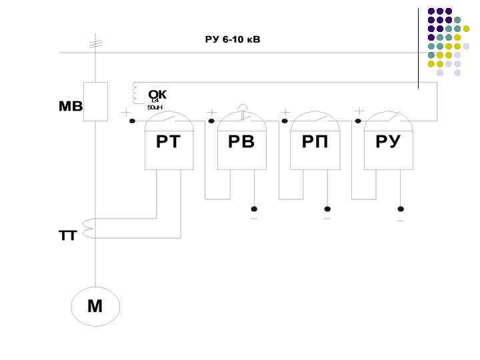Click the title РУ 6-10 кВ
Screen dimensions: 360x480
point(232,40)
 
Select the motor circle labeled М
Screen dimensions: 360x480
point(95,307)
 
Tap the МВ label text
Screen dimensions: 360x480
point(71,107)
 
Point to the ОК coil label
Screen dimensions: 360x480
point(157,95)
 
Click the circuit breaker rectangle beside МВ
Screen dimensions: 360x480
point(95,101)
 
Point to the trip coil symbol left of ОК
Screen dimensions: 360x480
point(136,94)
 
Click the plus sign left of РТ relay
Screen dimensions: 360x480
point(125,113)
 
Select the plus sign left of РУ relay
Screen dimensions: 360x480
point(359,111)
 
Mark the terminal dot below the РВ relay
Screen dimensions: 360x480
point(254,209)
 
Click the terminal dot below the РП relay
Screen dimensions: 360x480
point(327,209)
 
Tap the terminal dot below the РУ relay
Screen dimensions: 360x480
point(400,209)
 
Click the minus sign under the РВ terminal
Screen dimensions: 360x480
point(254,219)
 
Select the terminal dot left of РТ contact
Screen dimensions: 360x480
point(132,121)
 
